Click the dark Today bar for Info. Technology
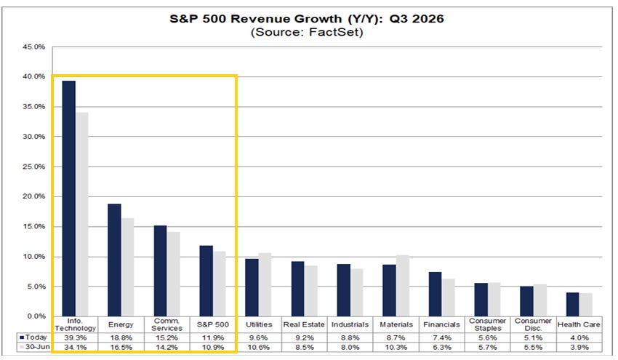[69, 199]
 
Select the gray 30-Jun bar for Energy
[127, 267]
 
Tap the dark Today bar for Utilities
[252, 287]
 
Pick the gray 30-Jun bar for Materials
[402, 286]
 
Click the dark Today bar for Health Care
[573, 305]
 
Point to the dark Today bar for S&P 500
[206, 281]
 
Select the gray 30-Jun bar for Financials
[448, 297]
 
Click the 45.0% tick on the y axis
[34, 47]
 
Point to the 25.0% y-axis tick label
[34, 167]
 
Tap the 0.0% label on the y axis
[36, 316]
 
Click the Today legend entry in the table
[33, 337]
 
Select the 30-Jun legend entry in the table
[35, 347]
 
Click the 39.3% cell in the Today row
[76, 338]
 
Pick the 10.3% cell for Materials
[396, 348]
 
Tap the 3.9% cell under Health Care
[579, 348]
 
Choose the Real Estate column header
[304, 324]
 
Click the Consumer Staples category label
[488, 324]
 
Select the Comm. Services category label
[167, 324]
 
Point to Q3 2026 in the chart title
[417, 18]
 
